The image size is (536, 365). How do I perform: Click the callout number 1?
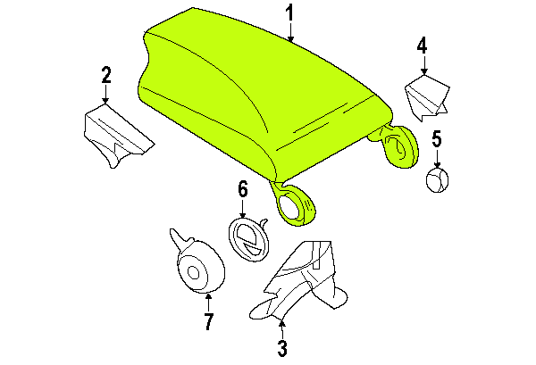pos(289,13)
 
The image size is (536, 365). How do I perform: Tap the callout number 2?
pos(106,75)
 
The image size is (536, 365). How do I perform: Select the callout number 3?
pos(282,348)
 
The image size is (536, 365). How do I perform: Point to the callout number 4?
pos(423,46)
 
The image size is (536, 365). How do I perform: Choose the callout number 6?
pos(242,189)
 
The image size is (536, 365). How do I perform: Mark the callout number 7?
pos(208,321)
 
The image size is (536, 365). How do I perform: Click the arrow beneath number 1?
pos(290,32)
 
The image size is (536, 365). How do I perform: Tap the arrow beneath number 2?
pos(106,94)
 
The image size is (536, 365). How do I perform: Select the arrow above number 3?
pos(282,329)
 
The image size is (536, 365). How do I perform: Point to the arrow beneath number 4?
pos(424,65)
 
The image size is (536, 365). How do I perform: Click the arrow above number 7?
pos(208,303)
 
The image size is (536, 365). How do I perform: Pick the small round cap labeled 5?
pos(437,180)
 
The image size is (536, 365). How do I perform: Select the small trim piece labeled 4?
pos(427,97)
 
